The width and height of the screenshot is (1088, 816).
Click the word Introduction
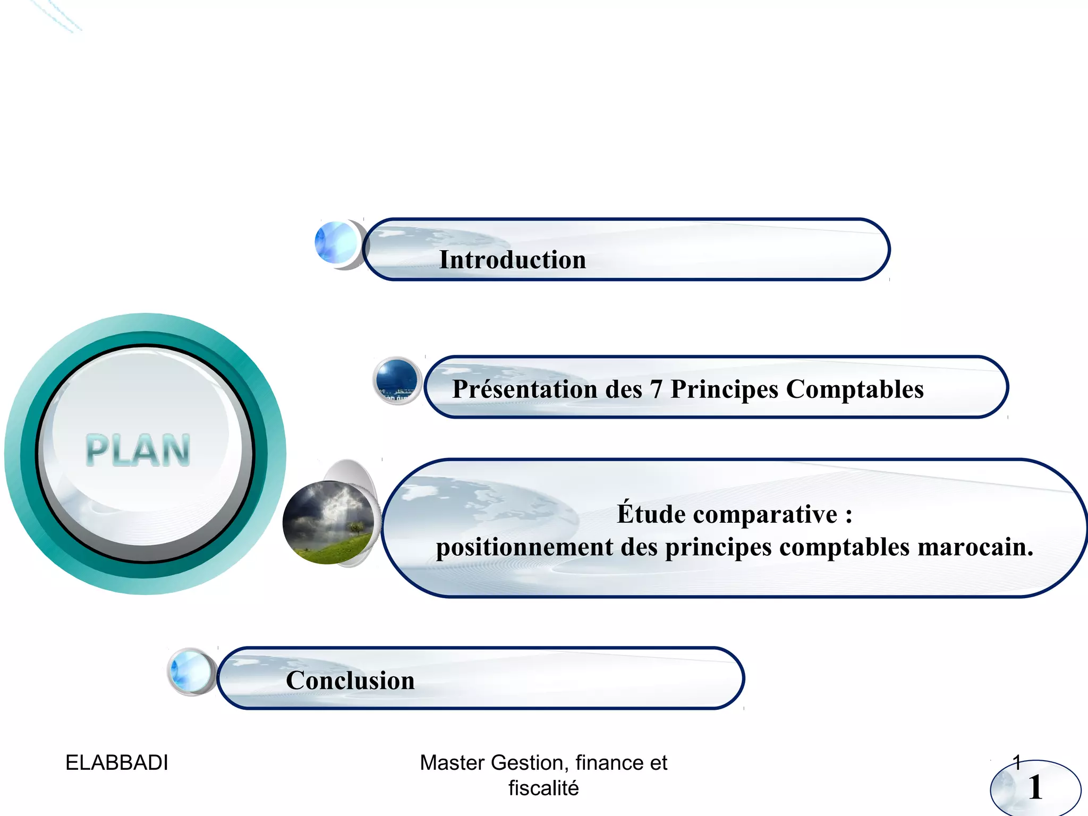[x=513, y=260]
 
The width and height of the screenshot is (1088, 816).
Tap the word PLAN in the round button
[x=138, y=450]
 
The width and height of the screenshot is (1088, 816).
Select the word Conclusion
[x=350, y=681]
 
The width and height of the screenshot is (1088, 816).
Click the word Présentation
[x=525, y=389]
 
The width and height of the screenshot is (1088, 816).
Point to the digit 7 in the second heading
[x=656, y=390]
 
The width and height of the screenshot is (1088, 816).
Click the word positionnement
[x=524, y=547]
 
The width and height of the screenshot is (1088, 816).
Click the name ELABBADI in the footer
[x=117, y=763]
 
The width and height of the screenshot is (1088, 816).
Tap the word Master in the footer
[x=452, y=763]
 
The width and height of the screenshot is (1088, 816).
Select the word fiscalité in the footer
[x=543, y=788]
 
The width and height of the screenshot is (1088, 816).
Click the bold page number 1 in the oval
[x=1035, y=787]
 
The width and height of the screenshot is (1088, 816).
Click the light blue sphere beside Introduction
[x=336, y=242]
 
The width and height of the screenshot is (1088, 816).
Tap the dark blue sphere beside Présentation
[x=396, y=379]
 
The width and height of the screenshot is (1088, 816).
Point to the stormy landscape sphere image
[x=328, y=522]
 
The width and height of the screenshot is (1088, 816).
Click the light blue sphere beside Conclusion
[x=190, y=671]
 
